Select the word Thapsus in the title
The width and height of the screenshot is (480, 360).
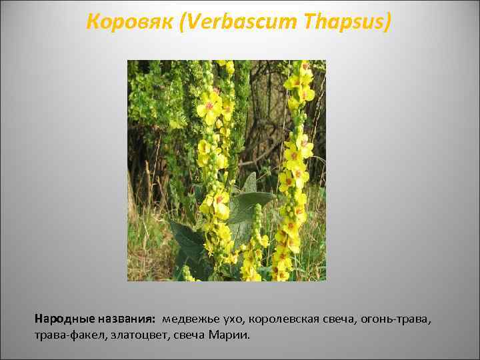point(345,23)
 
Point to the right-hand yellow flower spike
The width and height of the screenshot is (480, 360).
point(295,167)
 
